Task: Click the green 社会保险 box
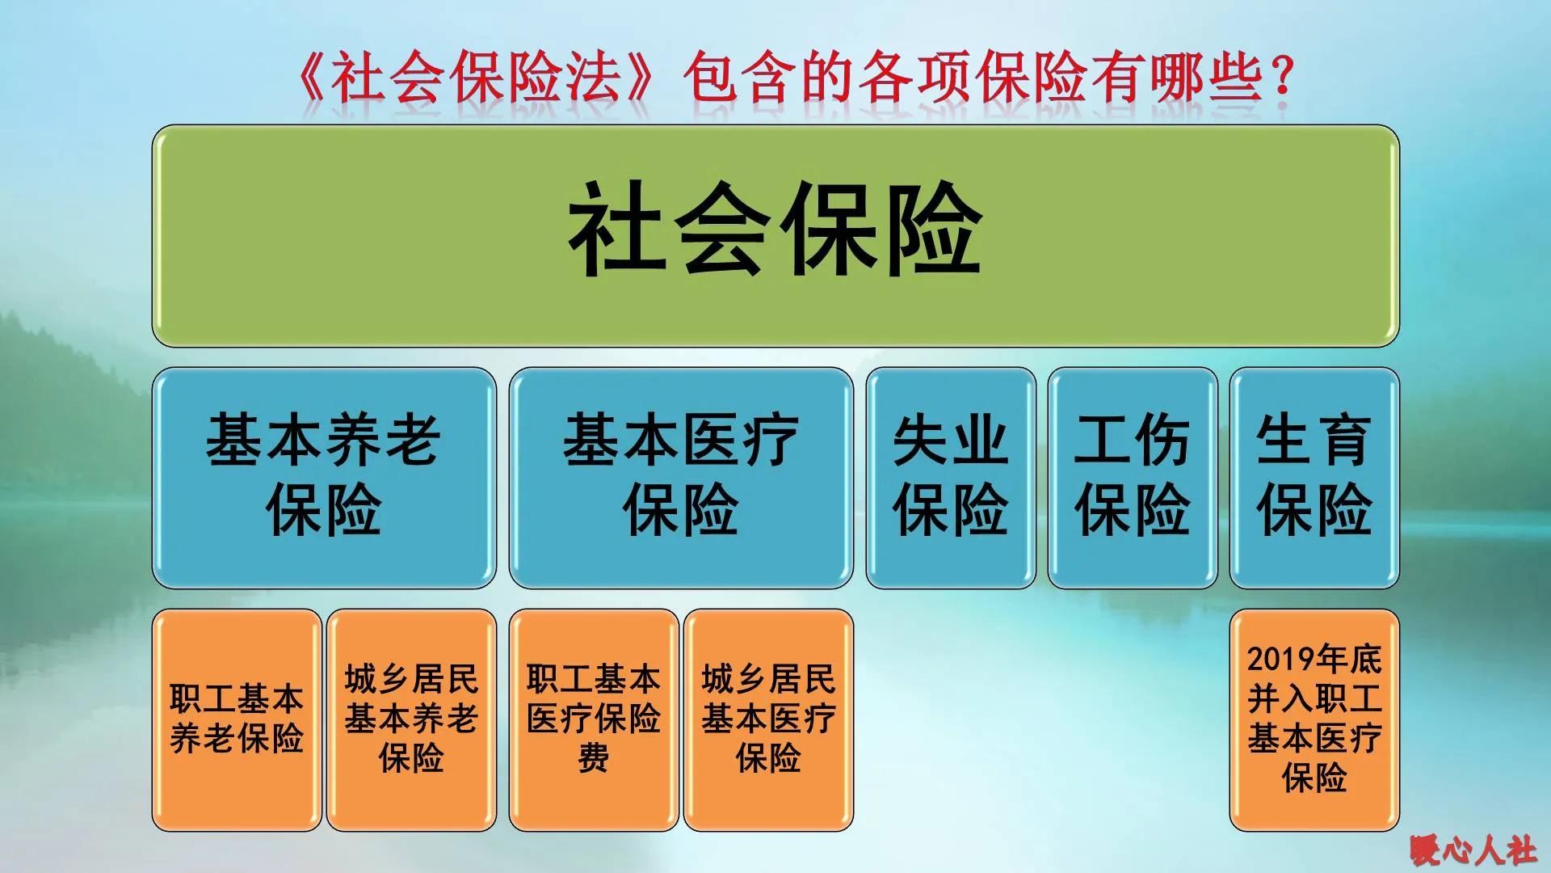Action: click(x=775, y=236)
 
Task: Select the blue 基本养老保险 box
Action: click(x=323, y=477)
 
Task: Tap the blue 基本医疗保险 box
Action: click(x=680, y=477)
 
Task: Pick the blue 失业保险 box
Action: click(x=950, y=477)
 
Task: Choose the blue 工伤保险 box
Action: click(x=1132, y=477)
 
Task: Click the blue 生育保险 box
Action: click(x=1314, y=477)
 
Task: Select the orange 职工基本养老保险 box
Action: click(x=237, y=719)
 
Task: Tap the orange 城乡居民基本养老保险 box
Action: click(x=411, y=719)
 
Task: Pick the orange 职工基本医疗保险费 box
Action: click(x=594, y=719)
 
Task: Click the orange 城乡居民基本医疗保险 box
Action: click(x=768, y=719)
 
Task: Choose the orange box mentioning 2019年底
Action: click(x=1314, y=719)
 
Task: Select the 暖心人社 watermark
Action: click(x=1473, y=850)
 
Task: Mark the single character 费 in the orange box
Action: click(x=594, y=759)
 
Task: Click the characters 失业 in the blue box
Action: click(x=950, y=441)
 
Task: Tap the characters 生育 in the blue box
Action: click(x=1314, y=441)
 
